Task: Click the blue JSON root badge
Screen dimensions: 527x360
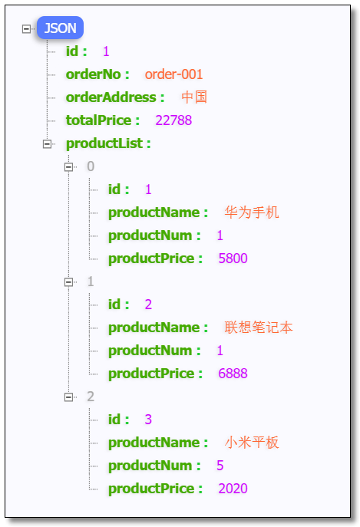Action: (x=60, y=28)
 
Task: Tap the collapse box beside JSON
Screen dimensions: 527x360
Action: (x=27, y=28)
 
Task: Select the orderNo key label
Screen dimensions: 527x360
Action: (x=99, y=74)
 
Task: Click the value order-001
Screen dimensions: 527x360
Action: (x=173, y=74)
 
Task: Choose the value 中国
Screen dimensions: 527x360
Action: (x=194, y=97)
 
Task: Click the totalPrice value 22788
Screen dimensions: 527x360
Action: (x=173, y=120)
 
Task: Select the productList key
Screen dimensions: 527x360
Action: (x=107, y=143)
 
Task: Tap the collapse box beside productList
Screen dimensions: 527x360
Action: (x=48, y=143)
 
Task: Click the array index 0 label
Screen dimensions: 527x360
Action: (x=91, y=166)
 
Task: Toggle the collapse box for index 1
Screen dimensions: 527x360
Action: (x=68, y=282)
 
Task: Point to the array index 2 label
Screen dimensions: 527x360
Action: (x=91, y=397)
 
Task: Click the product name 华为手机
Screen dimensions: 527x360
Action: (x=252, y=212)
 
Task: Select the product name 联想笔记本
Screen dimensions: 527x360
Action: (x=259, y=328)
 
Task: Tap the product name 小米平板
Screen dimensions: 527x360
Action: (x=252, y=443)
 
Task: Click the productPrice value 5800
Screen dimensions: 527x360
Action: (x=233, y=259)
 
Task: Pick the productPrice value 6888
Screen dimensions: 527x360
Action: (x=233, y=374)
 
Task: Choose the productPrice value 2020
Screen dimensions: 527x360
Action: (x=233, y=489)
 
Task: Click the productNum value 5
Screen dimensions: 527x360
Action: (x=220, y=466)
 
